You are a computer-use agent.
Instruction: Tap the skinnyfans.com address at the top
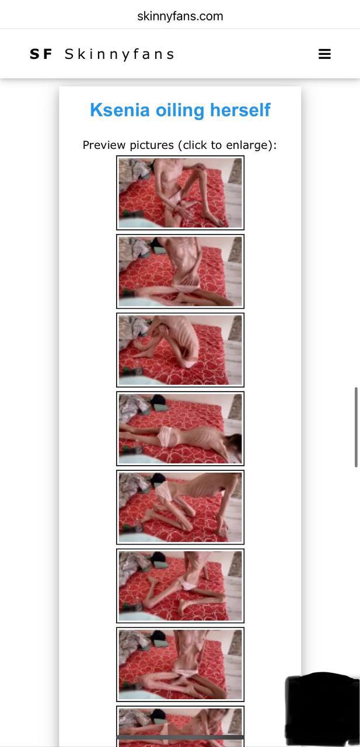(x=180, y=16)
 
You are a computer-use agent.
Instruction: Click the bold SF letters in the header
(x=41, y=54)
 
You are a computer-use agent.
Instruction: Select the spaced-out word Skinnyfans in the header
(x=120, y=54)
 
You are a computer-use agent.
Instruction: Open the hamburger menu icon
(x=324, y=54)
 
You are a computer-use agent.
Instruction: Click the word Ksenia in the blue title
(x=120, y=110)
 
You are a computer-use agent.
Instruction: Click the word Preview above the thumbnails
(x=104, y=145)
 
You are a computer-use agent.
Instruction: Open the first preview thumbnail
(x=180, y=193)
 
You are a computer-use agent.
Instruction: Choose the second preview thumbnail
(x=180, y=271)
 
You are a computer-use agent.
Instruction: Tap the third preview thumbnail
(x=180, y=350)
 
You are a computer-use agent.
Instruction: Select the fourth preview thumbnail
(x=180, y=429)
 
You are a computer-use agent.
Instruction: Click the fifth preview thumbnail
(x=180, y=507)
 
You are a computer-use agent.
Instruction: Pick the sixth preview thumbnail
(x=180, y=586)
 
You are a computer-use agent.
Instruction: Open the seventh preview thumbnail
(x=180, y=665)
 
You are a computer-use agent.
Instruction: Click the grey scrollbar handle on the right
(x=356, y=427)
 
